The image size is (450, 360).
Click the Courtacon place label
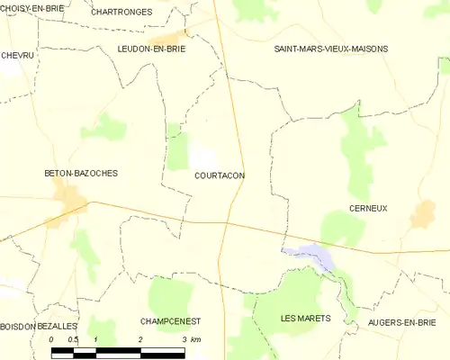pos(220,176)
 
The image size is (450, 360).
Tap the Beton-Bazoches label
pos(82,173)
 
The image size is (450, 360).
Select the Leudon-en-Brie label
pos(151,49)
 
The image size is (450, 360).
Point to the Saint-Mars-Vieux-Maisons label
pos(331,49)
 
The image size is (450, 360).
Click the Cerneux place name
pos(367,208)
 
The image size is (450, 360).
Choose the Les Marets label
pos(305,319)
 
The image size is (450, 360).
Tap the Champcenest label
pos(170,321)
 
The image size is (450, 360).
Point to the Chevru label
pos(17,55)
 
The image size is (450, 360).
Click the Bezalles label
pos(58,326)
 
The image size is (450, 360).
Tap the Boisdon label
pos(17,326)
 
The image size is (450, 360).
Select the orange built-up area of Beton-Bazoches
pos(67,198)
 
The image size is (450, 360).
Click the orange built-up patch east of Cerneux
pos(422,214)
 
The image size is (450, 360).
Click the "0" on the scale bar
pos(51,339)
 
